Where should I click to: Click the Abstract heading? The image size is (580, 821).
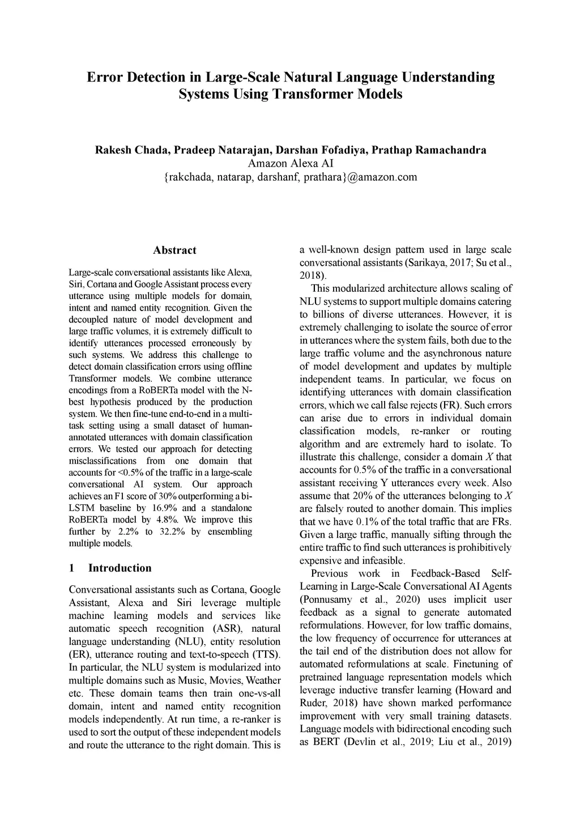point(174,250)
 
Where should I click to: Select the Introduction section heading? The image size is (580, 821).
point(120,568)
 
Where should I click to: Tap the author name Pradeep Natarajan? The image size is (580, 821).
point(221,150)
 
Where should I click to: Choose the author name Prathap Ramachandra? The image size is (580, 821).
point(429,150)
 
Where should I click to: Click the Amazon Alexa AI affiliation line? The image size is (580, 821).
point(290,164)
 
